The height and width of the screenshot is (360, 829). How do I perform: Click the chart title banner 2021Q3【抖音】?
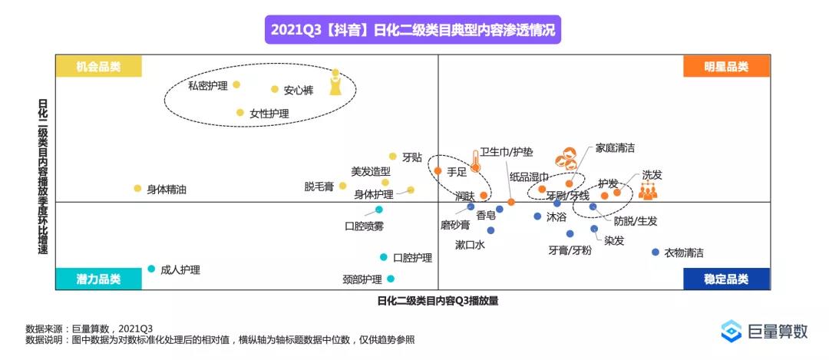pyautogui.click(x=414, y=31)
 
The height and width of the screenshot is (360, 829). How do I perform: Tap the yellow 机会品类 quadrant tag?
pyautogui.click(x=99, y=67)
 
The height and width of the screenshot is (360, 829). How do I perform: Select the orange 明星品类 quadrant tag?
pyautogui.click(x=726, y=67)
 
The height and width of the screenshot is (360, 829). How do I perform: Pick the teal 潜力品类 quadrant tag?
pyautogui.click(x=99, y=279)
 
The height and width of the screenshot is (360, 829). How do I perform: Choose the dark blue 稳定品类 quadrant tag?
pyautogui.click(x=726, y=279)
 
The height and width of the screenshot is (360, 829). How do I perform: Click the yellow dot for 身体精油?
pyautogui.click(x=138, y=188)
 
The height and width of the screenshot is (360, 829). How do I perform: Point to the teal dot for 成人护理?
pyautogui.click(x=151, y=269)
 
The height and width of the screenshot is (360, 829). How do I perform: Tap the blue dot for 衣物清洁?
pyautogui.click(x=655, y=252)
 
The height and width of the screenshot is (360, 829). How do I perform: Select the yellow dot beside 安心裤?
pyautogui.click(x=275, y=90)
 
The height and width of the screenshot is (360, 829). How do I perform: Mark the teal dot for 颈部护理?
pyautogui.click(x=391, y=279)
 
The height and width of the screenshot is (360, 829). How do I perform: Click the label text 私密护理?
pyautogui.click(x=208, y=85)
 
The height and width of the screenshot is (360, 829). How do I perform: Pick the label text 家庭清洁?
pyautogui.click(x=615, y=147)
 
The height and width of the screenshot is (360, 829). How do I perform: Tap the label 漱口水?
pyautogui.click(x=470, y=245)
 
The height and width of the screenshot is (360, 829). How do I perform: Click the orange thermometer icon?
pyautogui.click(x=476, y=160)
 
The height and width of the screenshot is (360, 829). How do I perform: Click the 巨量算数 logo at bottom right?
pyautogui.click(x=765, y=331)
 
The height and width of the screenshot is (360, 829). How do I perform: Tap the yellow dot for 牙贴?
pyautogui.click(x=393, y=156)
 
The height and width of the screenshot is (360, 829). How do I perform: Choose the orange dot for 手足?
pyautogui.click(x=438, y=170)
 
